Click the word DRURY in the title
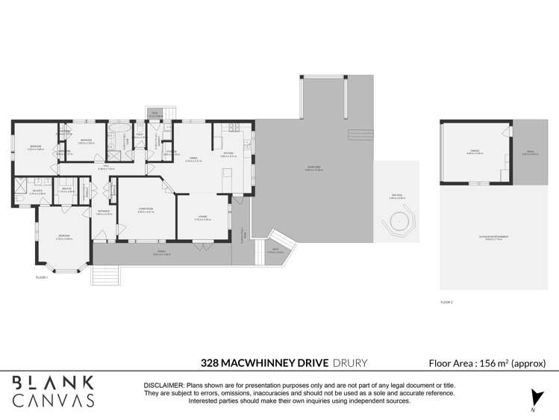tap(350, 363)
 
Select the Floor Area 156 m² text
tap(487, 363)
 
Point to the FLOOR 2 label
tap(446, 302)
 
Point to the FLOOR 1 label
tap(41, 277)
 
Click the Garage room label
tap(475, 152)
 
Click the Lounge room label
tap(202, 218)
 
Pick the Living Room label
tap(146, 211)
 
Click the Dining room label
tap(193, 158)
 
